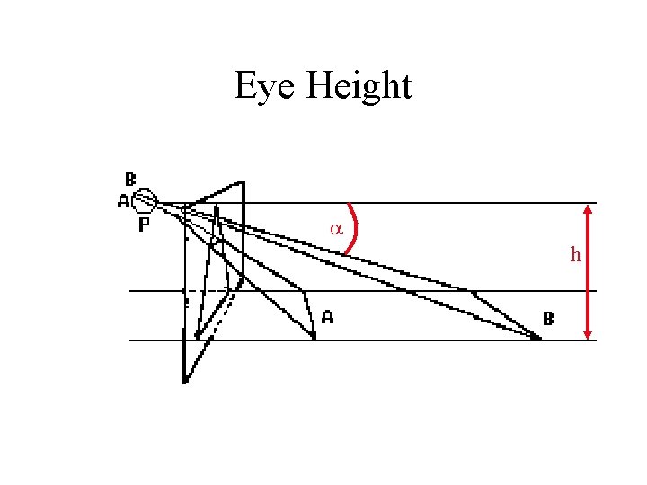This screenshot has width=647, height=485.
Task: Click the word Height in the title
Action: point(359,87)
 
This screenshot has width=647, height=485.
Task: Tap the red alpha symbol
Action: point(335,229)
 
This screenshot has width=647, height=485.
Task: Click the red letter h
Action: point(575,255)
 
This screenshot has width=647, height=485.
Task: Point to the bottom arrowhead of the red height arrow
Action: point(588,334)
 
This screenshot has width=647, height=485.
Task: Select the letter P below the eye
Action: point(144,226)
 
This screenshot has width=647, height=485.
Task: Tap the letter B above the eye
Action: point(131,179)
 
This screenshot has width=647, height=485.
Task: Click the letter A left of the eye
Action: point(123,202)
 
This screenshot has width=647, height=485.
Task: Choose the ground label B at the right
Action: point(548,318)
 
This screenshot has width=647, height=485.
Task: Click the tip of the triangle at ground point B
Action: point(540,339)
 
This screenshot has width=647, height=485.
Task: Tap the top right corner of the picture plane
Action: point(243,182)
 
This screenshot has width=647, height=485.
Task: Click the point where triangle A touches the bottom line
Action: point(315,339)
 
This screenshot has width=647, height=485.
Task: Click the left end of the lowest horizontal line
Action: point(131,340)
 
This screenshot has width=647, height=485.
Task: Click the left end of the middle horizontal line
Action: point(131,291)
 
